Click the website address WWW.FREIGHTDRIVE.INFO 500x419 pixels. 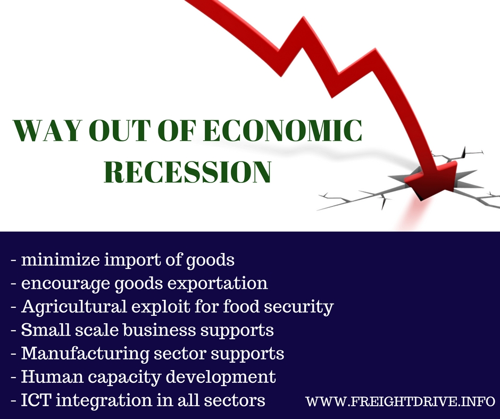401,399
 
